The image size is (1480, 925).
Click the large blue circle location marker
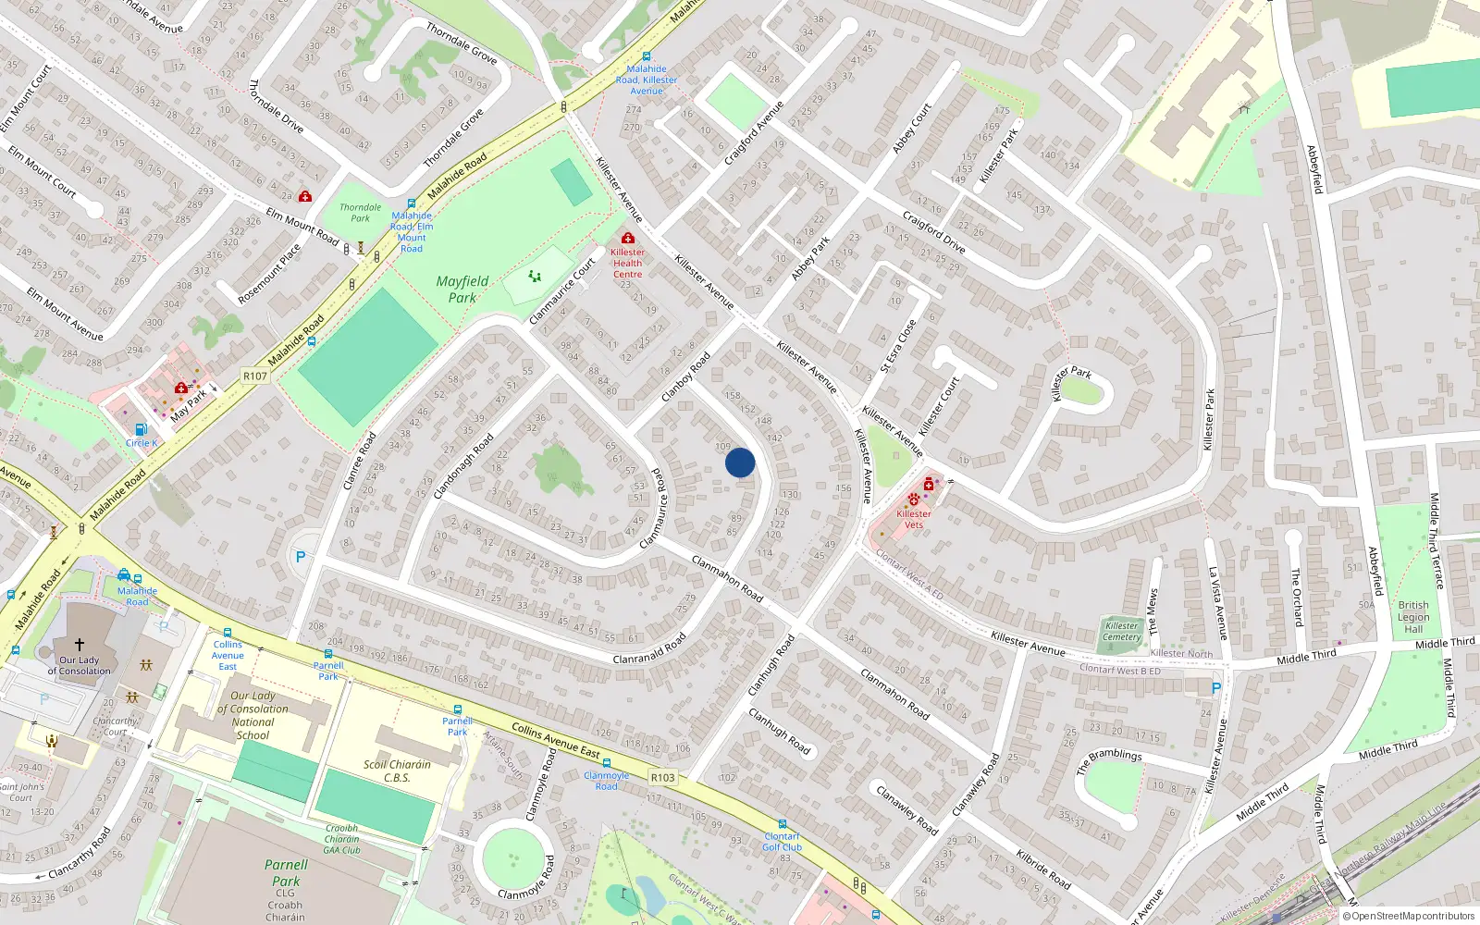[x=740, y=462]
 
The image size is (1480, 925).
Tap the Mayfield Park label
[x=462, y=289]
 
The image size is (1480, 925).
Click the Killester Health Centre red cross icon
[x=628, y=239]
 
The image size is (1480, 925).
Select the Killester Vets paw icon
[x=914, y=499]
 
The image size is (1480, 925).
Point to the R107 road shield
[x=254, y=376]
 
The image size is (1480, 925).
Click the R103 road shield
[x=662, y=777]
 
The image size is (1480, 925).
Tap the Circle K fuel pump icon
[x=141, y=429]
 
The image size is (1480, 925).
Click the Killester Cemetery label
[x=1122, y=631]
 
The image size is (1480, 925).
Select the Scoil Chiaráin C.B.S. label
[x=397, y=771]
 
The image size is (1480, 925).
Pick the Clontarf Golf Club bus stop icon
[x=782, y=823]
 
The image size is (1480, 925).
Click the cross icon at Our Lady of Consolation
[x=80, y=645]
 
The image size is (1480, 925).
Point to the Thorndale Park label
[x=360, y=213]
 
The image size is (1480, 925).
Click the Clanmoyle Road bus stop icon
[x=606, y=764]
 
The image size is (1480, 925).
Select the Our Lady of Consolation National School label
[x=253, y=715]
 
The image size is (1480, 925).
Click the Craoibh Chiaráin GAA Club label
[x=342, y=839]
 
